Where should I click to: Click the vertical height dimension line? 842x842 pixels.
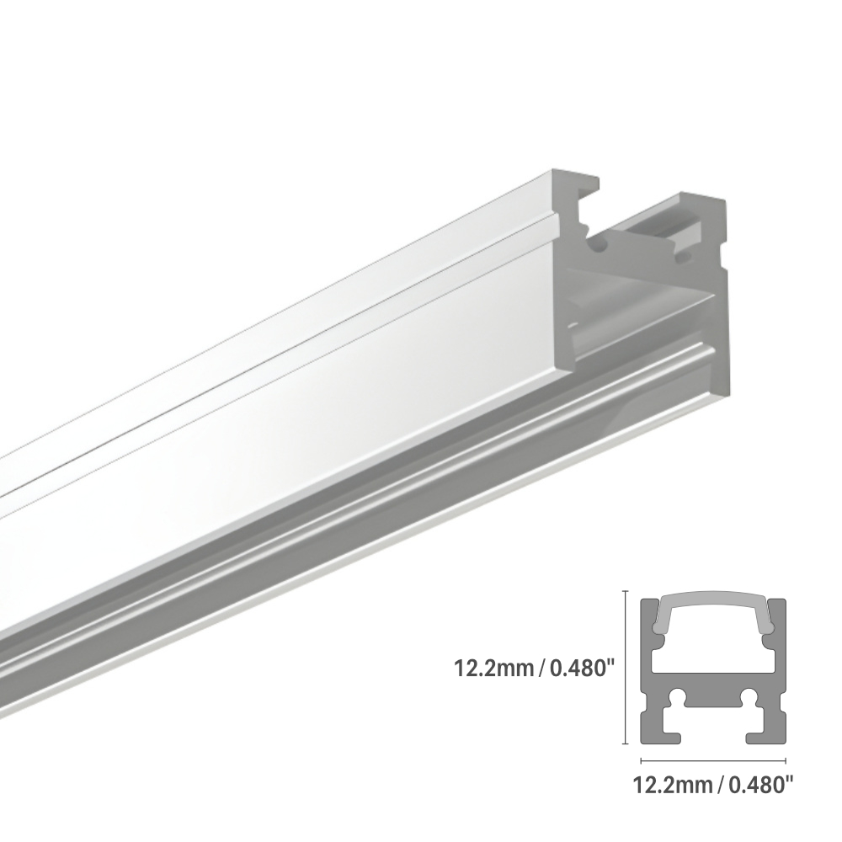624,668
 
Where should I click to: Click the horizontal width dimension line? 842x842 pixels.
713,760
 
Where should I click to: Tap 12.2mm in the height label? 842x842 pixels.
493,669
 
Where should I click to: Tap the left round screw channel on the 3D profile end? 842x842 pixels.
599,245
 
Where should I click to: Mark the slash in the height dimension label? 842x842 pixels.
542,669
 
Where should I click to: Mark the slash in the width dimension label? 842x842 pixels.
721,786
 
